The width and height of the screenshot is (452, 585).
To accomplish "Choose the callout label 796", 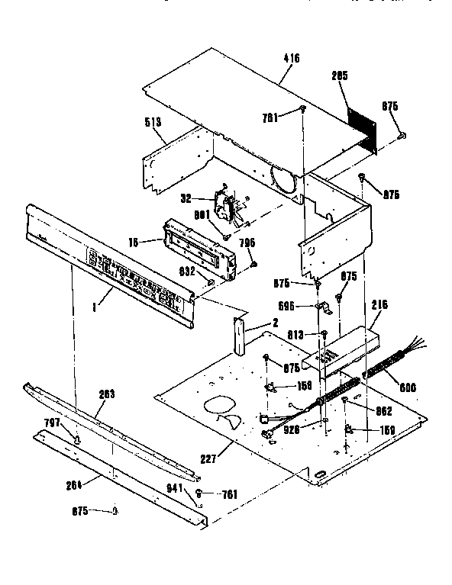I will click(247, 243).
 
